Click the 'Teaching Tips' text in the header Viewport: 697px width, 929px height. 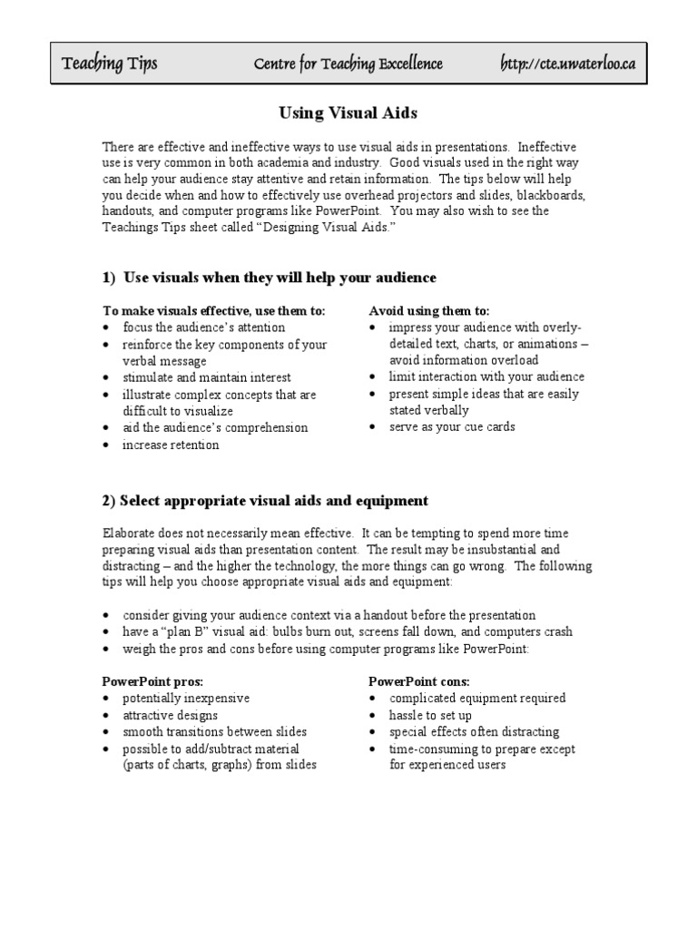point(109,64)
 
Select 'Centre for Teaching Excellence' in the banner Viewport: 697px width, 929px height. point(348,64)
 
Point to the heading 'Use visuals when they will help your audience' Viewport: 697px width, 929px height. point(280,277)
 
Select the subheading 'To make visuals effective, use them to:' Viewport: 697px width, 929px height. point(214,310)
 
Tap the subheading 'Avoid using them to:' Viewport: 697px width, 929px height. point(429,310)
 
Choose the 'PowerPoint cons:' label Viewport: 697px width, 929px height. point(418,681)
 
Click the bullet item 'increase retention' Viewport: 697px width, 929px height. point(171,445)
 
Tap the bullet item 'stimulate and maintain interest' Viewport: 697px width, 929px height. point(207,377)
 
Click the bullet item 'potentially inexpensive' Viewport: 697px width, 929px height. point(186,699)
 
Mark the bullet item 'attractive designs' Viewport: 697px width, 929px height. point(171,715)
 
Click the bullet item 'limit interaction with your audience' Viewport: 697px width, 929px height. point(486,376)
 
